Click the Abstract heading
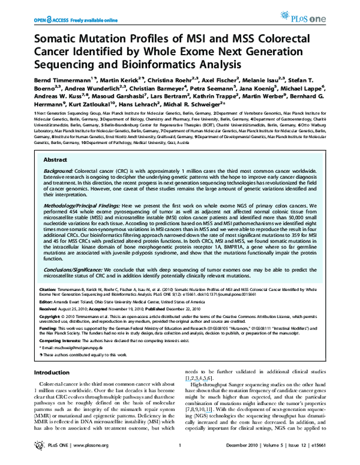[56, 144]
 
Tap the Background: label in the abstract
[61, 155]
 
